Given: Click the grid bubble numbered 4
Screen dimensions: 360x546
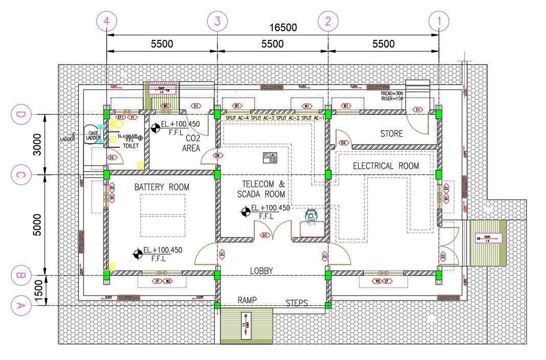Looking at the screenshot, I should click(106, 21).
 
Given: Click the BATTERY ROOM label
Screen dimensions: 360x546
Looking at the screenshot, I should click(162, 187).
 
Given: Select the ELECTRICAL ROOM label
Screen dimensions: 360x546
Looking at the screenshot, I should click(386, 166).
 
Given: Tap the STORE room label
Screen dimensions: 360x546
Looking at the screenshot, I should click(391, 134).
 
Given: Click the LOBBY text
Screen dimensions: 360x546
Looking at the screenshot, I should click(261, 271).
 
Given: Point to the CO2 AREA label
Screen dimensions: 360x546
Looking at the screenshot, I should click(191, 143).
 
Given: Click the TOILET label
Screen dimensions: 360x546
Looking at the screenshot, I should click(130, 146).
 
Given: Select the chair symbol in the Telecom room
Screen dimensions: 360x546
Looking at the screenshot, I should click(311, 217).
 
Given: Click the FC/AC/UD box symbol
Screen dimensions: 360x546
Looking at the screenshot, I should click(270, 157).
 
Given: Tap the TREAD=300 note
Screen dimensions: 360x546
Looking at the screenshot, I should click(392, 94).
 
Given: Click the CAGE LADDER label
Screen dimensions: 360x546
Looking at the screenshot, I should click(93, 135).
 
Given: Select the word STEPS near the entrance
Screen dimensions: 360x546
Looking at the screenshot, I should click(297, 303).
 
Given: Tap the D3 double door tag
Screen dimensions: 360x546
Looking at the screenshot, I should click(265, 235).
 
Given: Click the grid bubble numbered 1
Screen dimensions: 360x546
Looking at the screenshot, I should click(439, 21).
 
